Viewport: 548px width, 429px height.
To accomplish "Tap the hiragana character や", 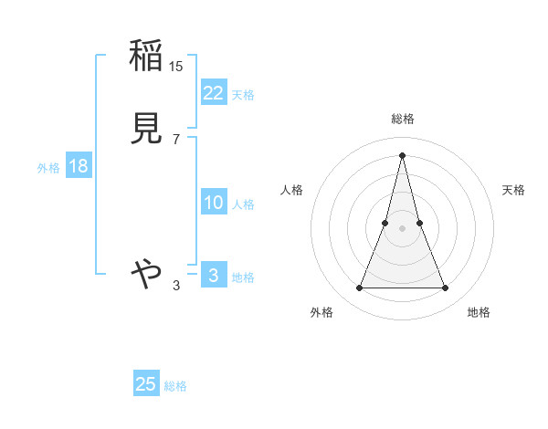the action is (x=146, y=272).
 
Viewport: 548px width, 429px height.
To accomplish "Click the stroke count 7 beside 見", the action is (x=175, y=139).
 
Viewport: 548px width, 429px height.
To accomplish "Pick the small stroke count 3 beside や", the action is (x=176, y=287).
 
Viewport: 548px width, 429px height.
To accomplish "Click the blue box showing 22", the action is (x=214, y=92).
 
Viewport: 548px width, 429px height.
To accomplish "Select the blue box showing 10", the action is (x=214, y=203).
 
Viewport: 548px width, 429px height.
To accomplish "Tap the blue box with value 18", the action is (x=78, y=166).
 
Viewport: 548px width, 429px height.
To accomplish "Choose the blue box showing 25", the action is (x=146, y=384).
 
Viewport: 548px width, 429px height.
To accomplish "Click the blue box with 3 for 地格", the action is (x=214, y=276).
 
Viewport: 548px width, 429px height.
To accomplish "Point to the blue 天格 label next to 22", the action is (x=243, y=94).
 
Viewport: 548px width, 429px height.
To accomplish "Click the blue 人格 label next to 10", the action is (x=244, y=204).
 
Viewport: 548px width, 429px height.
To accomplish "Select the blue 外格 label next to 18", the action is (x=48, y=168).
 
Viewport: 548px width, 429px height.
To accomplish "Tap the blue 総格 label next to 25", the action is (x=175, y=386).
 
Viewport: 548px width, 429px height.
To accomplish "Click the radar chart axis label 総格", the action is (x=402, y=119).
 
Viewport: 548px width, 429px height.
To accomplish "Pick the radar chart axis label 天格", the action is (x=513, y=190).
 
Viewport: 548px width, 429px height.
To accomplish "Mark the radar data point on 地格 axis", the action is (x=445, y=288).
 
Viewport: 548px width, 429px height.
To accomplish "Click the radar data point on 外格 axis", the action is (x=359, y=288).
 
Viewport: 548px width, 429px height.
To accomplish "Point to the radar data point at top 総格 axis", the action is (x=402, y=155).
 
